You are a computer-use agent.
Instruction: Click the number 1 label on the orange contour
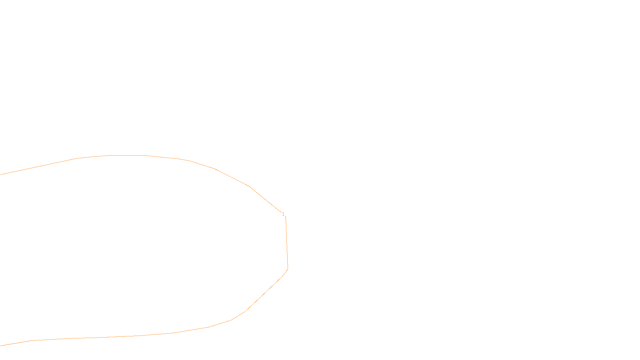283,214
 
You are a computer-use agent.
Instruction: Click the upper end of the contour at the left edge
1,174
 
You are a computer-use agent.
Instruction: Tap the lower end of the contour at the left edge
1,345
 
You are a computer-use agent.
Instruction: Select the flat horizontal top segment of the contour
126,155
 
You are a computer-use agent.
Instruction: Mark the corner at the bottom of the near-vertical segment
288,269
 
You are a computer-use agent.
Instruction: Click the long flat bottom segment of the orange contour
100,338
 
